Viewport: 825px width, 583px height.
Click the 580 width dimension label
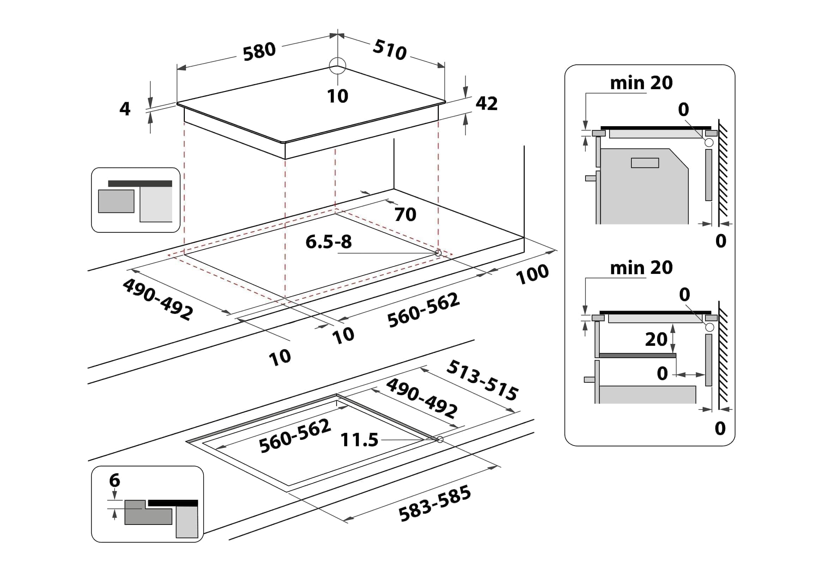259,52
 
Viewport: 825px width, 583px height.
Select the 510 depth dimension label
390,50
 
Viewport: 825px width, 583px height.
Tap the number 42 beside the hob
486,103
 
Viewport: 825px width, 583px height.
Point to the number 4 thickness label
125,109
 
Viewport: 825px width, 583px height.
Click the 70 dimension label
405,215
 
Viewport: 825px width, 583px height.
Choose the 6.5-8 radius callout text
328,241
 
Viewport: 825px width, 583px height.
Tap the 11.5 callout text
359,440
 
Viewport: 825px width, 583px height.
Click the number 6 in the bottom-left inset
114,480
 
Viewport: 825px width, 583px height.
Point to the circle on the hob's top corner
338,66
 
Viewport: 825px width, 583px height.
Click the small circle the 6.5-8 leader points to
438,253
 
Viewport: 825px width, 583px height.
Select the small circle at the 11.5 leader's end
440,440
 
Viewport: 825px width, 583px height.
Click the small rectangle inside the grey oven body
645,163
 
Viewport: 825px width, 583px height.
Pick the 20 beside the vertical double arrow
656,339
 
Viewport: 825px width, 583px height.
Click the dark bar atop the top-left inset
140,183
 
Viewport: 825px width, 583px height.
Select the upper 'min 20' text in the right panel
641,83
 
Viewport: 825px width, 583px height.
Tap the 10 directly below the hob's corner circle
338,96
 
